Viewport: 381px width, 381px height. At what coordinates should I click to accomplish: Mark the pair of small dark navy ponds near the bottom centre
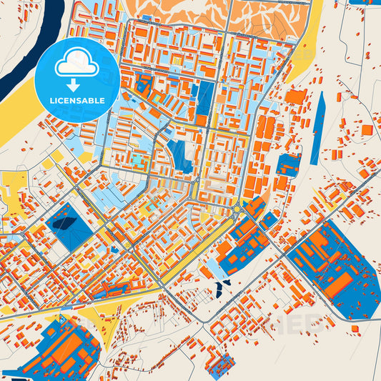tap(221, 287)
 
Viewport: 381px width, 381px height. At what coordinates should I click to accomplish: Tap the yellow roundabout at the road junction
tap(237, 209)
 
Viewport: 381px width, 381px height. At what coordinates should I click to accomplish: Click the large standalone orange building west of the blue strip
tap(295, 97)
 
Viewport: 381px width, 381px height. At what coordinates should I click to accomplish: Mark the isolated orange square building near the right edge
tap(367, 130)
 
